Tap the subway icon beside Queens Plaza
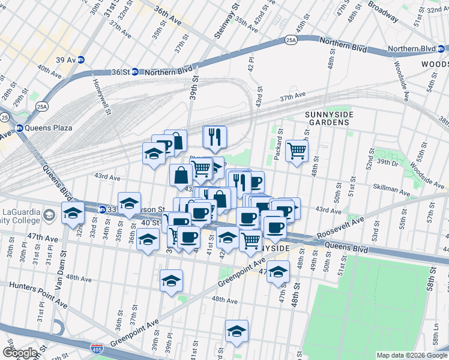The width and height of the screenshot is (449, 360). [x=19, y=128]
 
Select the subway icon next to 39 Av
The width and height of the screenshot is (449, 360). [x=80, y=59]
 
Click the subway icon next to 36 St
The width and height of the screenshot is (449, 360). [x=135, y=72]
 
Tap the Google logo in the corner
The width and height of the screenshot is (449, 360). [x=19, y=353]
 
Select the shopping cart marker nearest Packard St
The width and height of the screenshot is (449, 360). [x=297, y=151]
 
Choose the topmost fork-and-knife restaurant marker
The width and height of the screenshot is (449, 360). [x=214, y=136]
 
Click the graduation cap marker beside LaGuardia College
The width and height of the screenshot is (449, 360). [x=73, y=213]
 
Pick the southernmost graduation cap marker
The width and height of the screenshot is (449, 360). [x=237, y=331]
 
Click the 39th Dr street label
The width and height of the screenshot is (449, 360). [x=388, y=163]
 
